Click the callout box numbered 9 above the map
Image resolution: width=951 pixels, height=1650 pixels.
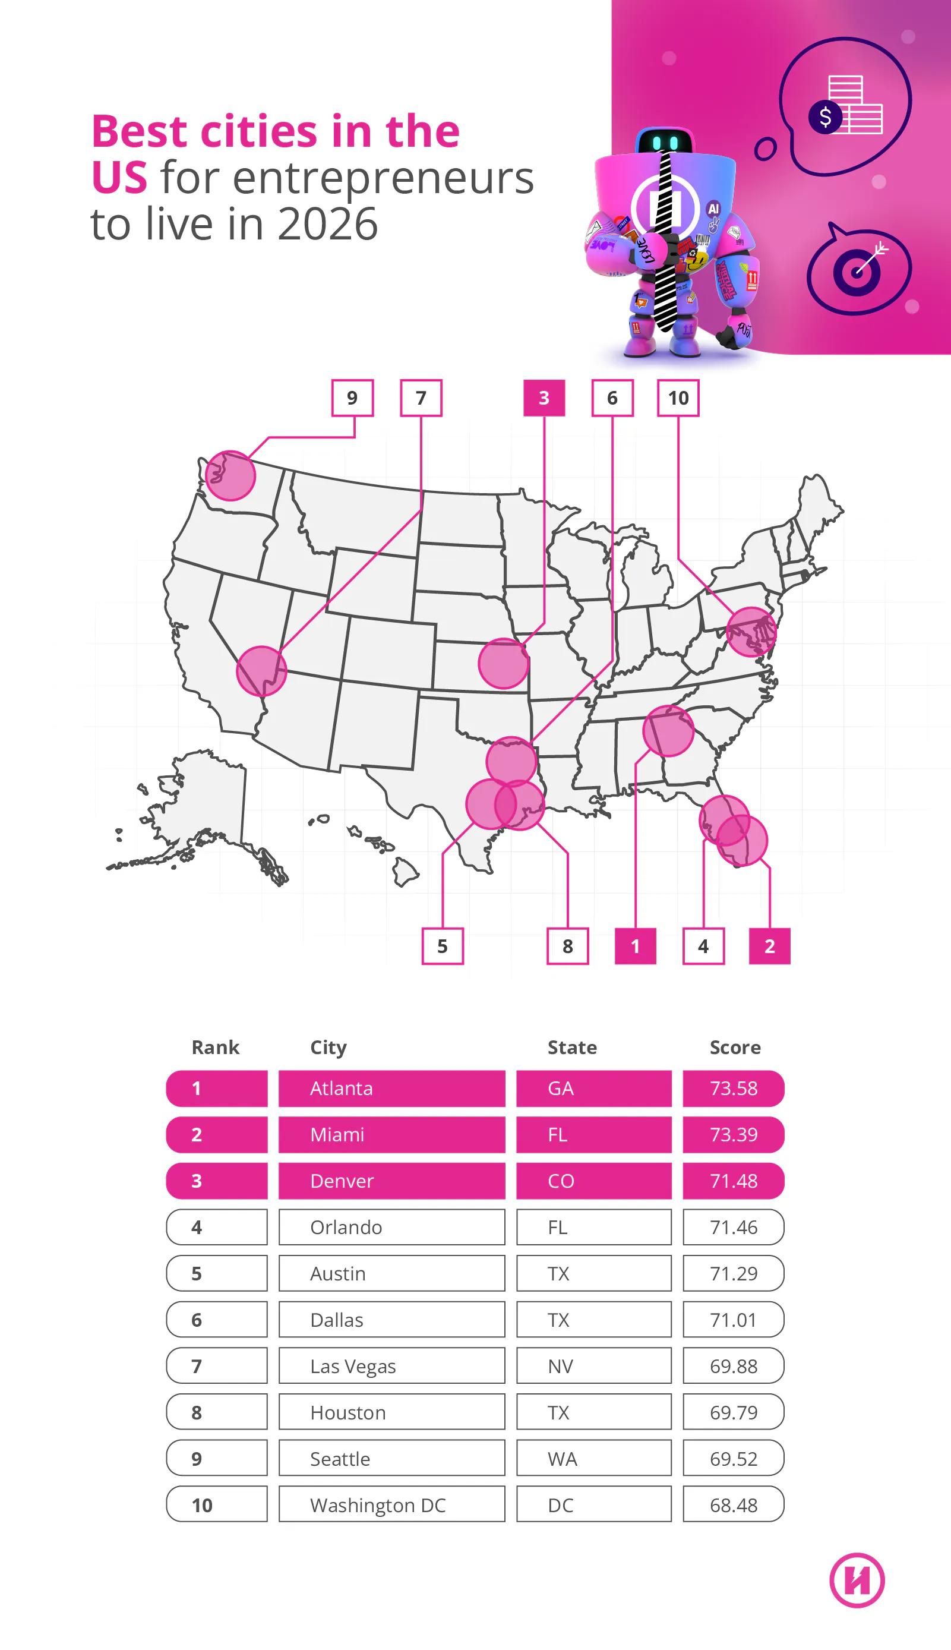(x=352, y=398)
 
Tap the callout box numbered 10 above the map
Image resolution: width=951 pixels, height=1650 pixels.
(x=677, y=398)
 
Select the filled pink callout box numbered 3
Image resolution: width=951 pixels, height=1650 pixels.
(x=544, y=398)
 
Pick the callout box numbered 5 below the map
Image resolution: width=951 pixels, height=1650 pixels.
(x=442, y=946)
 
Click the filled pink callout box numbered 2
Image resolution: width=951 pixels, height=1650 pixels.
(x=769, y=946)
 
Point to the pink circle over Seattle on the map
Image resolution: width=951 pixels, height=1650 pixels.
(x=230, y=475)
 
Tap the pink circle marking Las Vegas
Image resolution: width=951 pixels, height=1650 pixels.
(x=261, y=671)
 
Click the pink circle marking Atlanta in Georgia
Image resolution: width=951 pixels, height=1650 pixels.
(x=668, y=731)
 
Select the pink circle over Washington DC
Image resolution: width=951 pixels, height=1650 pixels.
(x=751, y=632)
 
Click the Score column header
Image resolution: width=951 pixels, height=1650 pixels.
(x=735, y=1047)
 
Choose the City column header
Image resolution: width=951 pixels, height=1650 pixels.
(x=328, y=1047)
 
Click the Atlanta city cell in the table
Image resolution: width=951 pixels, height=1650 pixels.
(x=391, y=1089)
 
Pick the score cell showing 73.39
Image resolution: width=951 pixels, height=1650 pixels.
(x=733, y=1135)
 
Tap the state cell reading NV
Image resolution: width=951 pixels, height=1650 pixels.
(x=593, y=1366)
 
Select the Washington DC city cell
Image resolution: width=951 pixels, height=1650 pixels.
(x=391, y=1505)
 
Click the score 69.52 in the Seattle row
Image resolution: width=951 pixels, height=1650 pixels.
(x=733, y=1459)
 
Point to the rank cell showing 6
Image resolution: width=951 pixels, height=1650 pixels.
(x=216, y=1320)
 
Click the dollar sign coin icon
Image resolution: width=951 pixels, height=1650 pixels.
(x=825, y=118)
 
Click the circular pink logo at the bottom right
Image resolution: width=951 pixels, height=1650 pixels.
(x=857, y=1580)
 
